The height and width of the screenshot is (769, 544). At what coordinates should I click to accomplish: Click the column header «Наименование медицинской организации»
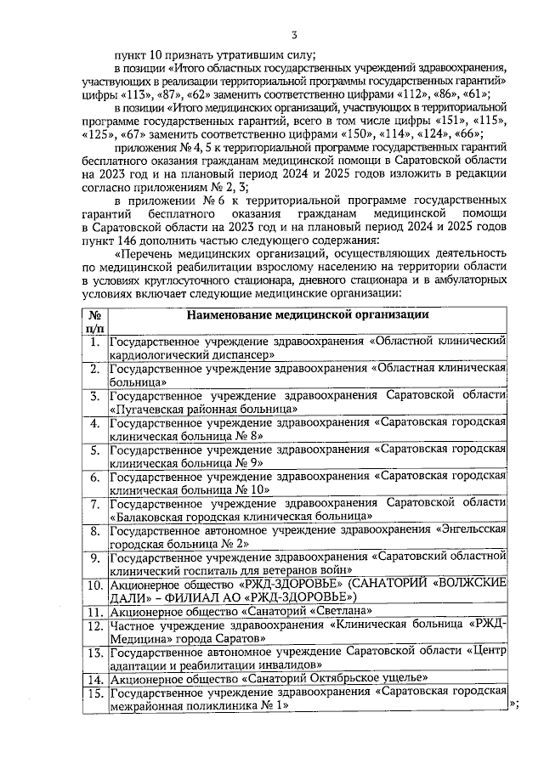[x=308, y=314]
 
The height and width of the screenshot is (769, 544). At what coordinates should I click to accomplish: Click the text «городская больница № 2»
[x=179, y=544]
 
